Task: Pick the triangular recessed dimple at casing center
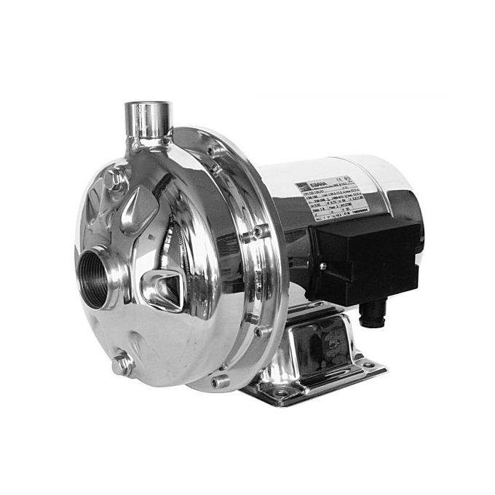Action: point(165,284)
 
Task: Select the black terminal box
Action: point(364,255)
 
